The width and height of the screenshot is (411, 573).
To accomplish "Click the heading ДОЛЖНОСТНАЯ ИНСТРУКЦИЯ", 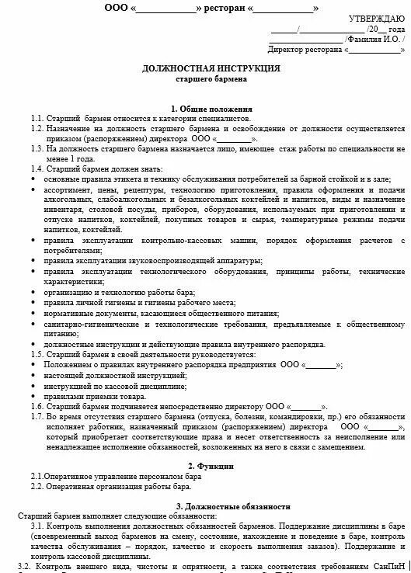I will click(x=211, y=68).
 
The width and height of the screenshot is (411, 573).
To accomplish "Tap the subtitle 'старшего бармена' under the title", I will click(x=211, y=79).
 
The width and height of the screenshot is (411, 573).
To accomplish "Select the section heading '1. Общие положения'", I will click(x=211, y=108).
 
